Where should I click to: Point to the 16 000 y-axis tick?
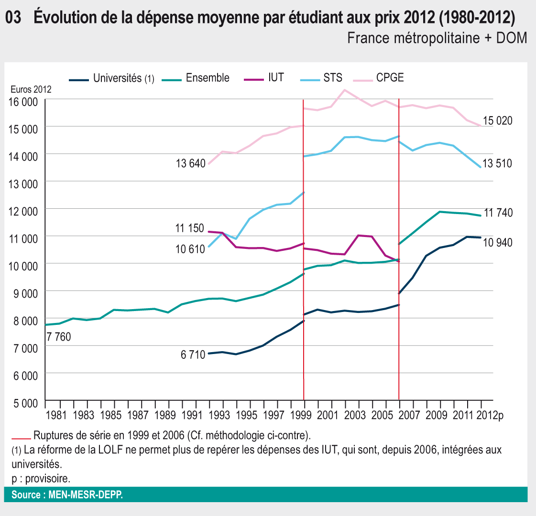coord(23,102)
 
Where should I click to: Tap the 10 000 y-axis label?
coord(23,266)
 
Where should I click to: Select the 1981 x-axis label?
coord(56,415)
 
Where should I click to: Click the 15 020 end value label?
coord(497,121)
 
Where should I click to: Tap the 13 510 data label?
coord(497,164)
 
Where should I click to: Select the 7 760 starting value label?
coord(58,337)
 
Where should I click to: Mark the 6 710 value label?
coord(193,355)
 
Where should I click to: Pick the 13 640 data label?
coord(190,164)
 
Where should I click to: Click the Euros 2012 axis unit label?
coord(31,89)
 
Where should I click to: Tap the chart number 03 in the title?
coord(13,18)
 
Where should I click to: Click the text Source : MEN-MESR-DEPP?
coord(67,495)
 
